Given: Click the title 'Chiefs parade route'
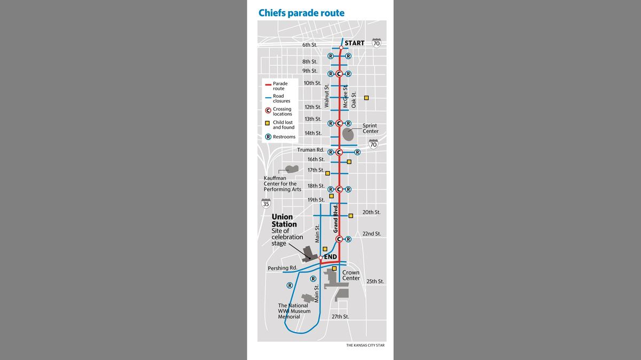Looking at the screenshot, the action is tap(301, 13).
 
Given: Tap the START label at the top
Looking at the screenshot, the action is tap(354, 43).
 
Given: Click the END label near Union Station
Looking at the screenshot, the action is tap(330, 257).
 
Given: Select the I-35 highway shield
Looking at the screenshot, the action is tap(266, 204).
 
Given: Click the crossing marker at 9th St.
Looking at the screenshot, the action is tap(339, 74).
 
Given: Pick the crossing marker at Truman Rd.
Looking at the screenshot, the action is tap(339, 152).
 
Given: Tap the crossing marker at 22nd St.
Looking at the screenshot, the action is tap(339, 239).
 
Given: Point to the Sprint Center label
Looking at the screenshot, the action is tap(370, 128).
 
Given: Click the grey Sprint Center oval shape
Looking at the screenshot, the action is tap(348, 134).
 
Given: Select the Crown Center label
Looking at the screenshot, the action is tap(351, 275).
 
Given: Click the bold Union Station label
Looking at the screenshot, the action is tap(284, 221).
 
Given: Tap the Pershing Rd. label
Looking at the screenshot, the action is tap(283, 268).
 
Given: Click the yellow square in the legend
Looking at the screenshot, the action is tap(267, 123).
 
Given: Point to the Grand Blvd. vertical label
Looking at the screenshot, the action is tap(335, 218).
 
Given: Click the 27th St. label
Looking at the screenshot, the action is tap(340, 317).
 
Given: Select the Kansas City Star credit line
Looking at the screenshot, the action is tap(365, 346).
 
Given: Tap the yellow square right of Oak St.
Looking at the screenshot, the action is tap(366, 98).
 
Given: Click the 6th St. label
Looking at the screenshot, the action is tap(310, 45).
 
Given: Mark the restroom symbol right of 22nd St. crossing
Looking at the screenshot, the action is tap(348, 239).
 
